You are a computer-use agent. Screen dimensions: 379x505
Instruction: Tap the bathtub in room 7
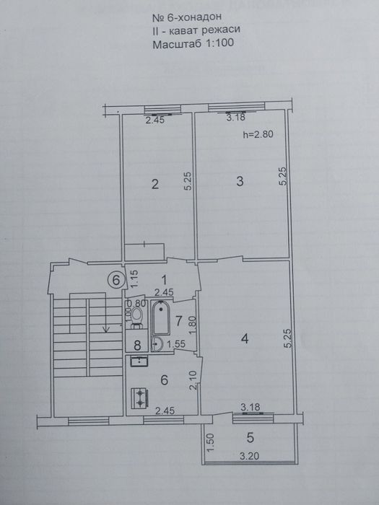pos(161,318)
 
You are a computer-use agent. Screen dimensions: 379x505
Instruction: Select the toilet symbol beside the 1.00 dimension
pos(137,317)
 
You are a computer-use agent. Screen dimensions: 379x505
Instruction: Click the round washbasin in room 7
pos(157,344)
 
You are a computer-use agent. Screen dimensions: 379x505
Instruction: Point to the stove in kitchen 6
pos(139,398)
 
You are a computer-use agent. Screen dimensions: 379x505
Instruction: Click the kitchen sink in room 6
pos(139,361)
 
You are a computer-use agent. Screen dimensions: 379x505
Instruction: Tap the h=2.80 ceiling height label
pos(258,134)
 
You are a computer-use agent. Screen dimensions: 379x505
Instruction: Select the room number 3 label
pos(240,182)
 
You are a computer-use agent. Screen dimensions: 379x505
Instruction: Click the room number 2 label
pos(155,185)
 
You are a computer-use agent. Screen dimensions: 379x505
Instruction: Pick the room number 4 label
pos(245,339)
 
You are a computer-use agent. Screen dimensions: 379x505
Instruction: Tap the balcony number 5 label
pos(250,438)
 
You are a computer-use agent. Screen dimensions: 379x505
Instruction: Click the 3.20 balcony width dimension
pos(250,456)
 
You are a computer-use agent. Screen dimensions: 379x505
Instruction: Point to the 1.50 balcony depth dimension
pos(211,443)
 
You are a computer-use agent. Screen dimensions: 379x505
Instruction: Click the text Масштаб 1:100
pos(193,43)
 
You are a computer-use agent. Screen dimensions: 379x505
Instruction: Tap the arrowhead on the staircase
pos(105,329)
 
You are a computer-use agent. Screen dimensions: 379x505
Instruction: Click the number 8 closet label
pos(137,346)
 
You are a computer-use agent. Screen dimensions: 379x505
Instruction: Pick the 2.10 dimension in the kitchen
pos(193,381)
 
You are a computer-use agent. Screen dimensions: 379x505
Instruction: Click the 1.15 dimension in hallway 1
pos(135,278)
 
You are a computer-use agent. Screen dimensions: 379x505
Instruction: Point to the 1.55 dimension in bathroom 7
pos(175,344)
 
